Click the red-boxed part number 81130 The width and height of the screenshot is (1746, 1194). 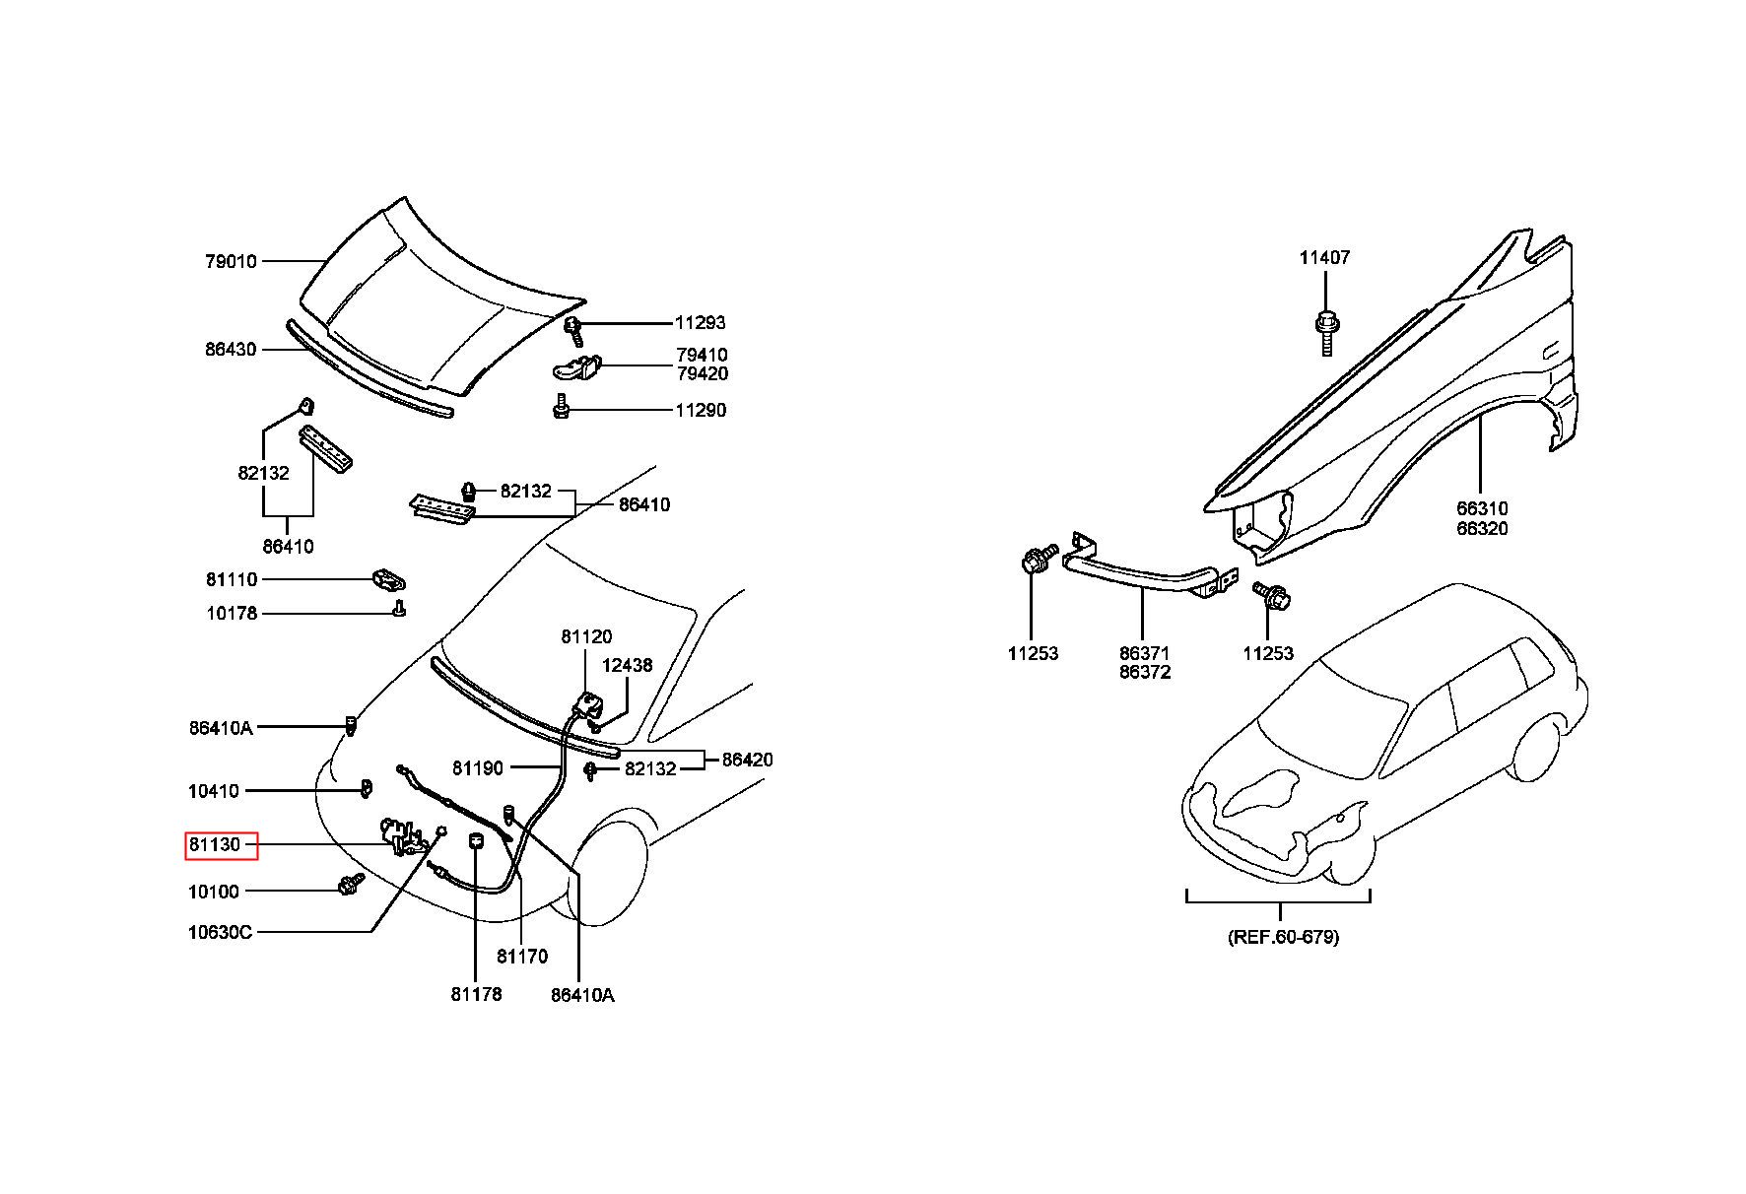tap(215, 845)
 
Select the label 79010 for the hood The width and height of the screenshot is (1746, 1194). tap(231, 261)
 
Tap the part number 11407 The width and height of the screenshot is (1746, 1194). tap(1324, 257)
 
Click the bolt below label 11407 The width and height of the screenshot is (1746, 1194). tap(1326, 332)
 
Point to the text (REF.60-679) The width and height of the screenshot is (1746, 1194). tap(1283, 937)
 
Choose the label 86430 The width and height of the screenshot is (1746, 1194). tap(231, 349)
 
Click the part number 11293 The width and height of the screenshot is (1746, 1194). tap(701, 322)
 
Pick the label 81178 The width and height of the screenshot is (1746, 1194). tap(477, 994)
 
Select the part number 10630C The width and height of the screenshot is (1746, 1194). tap(220, 931)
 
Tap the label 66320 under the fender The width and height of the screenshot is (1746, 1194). tap(1483, 528)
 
